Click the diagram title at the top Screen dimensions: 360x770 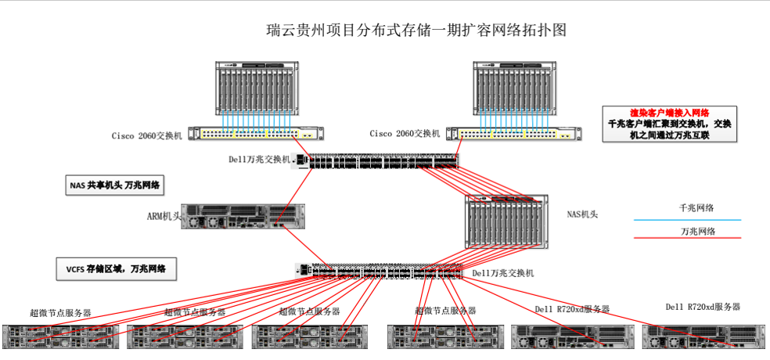416,31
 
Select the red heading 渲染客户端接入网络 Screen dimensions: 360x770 669,113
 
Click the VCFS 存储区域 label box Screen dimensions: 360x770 116,270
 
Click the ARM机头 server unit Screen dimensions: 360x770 243,216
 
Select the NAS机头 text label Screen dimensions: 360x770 582,214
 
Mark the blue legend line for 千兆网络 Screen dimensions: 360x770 686,220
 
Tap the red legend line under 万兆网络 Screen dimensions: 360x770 686,238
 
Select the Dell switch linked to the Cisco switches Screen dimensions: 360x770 376,161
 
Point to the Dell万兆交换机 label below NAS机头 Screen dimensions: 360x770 503,273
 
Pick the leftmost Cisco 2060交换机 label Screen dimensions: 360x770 146,135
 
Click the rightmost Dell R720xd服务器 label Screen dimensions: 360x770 702,307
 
